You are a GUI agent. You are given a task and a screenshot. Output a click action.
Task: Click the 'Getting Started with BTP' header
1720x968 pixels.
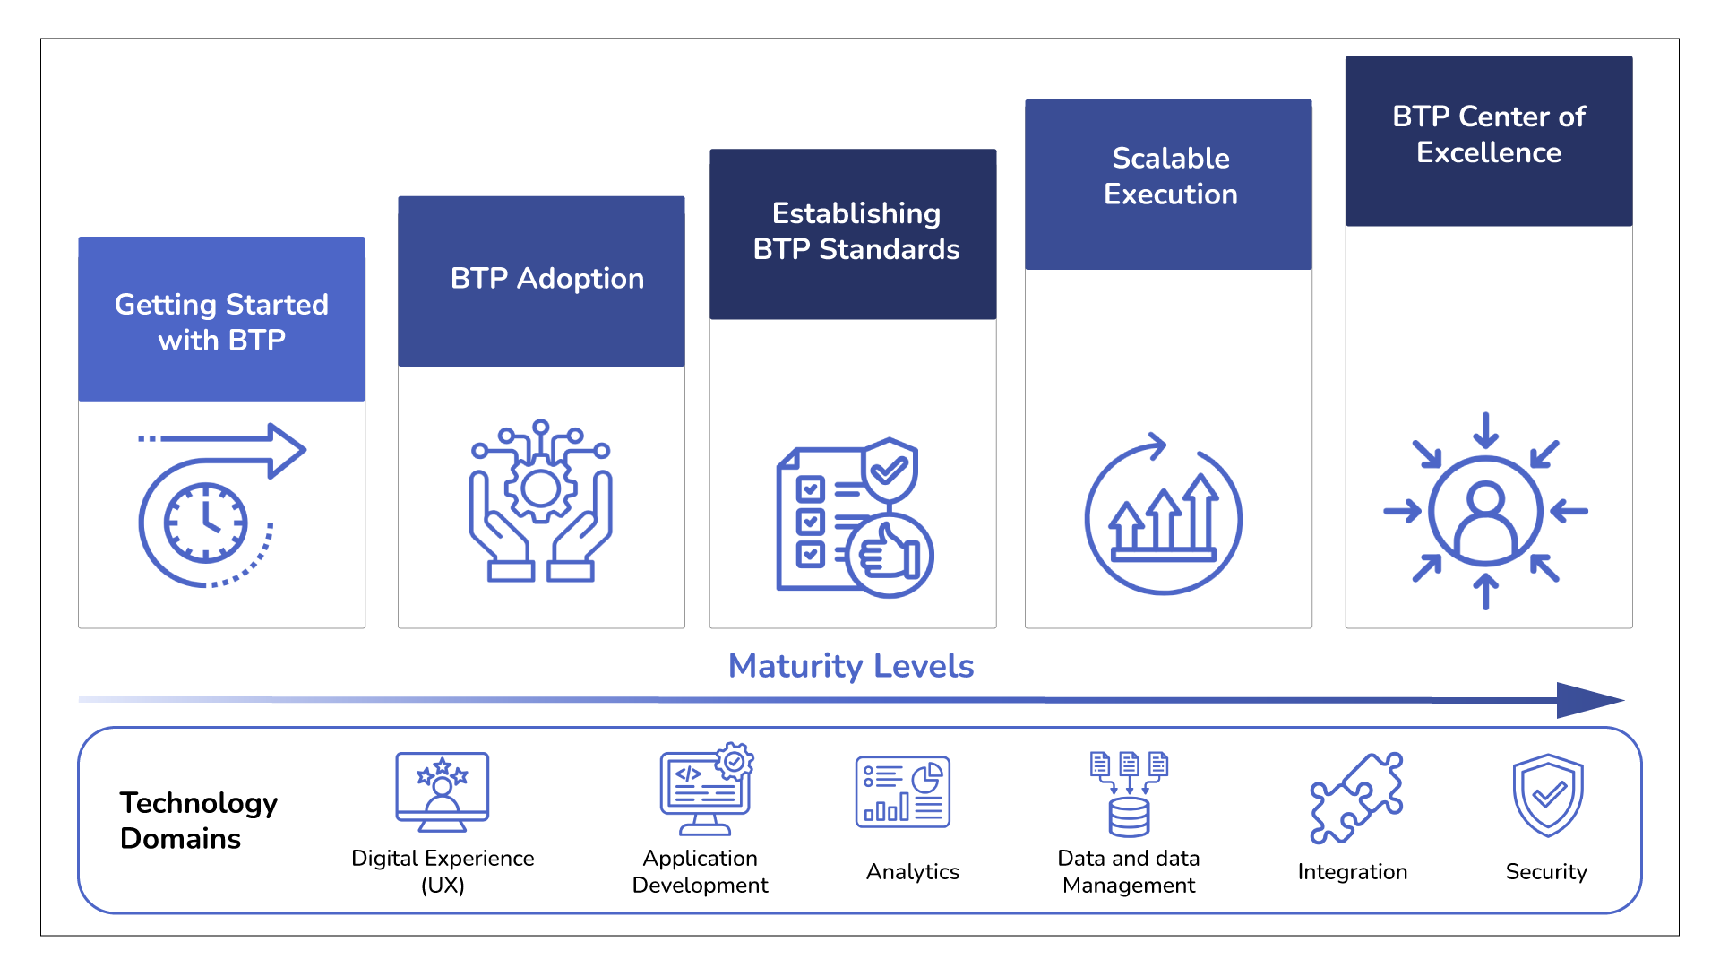pyautogui.click(x=221, y=319)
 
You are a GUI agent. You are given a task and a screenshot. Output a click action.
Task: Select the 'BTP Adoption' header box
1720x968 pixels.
pyautogui.click(x=541, y=281)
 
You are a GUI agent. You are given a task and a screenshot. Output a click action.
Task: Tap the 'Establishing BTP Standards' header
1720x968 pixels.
pyautogui.click(x=853, y=234)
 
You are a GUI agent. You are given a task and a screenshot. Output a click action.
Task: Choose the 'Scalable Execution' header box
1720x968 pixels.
pyautogui.click(x=1168, y=185)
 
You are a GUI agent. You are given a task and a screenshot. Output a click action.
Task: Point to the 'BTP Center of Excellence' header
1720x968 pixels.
pyautogui.click(x=1489, y=141)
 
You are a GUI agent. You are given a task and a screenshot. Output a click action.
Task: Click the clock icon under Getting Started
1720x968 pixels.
pyautogui.click(x=205, y=523)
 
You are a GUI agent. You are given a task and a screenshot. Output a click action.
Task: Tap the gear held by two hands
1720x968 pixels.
pyautogui.click(x=540, y=488)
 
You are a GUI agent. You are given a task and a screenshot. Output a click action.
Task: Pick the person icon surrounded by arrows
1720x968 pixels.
pyautogui.click(x=1485, y=511)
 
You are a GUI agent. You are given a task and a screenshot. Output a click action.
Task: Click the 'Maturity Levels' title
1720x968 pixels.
pyautogui.click(x=851, y=666)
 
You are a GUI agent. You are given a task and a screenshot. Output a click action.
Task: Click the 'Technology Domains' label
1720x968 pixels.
pyautogui.click(x=199, y=820)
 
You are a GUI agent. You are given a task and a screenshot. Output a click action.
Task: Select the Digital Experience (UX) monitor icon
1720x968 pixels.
pyautogui.click(x=443, y=792)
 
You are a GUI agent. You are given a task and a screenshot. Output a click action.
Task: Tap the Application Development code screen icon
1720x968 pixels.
pyautogui.click(x=707, y=789)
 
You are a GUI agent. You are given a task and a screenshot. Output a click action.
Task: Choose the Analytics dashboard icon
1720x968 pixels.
pyautogui.click(x=902, y=791)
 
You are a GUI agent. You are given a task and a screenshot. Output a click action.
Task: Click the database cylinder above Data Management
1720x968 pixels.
pyautogui.click(x=1129, y=817)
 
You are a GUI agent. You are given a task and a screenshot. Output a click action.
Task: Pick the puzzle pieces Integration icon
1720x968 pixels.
pyautogui.click(x=1356, y=798)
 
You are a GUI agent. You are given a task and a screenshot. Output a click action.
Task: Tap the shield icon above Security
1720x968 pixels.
pyautogui.click(x=1548, y=795)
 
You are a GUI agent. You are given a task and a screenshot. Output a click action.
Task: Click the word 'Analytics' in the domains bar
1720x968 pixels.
pyautogui.click(x=912, y=871)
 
